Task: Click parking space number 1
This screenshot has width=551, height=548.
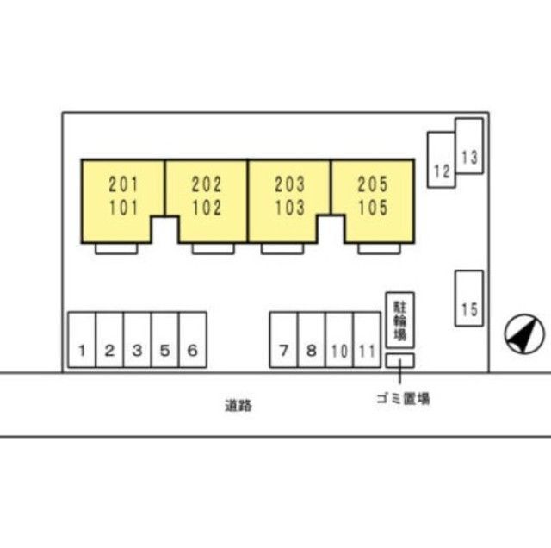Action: point(82,339)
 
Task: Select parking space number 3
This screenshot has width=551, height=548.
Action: point(138,339)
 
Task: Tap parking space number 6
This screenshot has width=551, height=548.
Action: point(193,339)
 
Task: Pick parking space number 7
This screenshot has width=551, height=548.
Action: point(283,339)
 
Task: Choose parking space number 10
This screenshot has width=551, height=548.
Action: point(339,339)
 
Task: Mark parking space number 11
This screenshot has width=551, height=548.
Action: point(367,339)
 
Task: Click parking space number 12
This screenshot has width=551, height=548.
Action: point(442,159)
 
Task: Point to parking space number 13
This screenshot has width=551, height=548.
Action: point(469,146)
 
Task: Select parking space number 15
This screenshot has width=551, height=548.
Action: point(469,298)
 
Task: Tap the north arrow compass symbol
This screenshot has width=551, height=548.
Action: point(524,334)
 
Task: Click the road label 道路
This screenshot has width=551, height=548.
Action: point(238,406)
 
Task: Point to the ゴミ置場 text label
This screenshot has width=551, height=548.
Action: point(403,399)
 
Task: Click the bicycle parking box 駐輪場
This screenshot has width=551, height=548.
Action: point(399,320)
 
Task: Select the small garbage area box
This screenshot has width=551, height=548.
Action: point(399,361)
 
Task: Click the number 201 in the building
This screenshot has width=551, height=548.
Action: point(123,184)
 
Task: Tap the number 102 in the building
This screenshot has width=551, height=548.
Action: point(207,208)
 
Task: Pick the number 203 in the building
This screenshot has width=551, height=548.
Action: point(289,184)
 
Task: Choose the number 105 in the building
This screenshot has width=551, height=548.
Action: point(373,208)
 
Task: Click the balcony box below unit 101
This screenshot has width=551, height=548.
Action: point(116,249)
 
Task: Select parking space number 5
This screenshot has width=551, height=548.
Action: point(164,339)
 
